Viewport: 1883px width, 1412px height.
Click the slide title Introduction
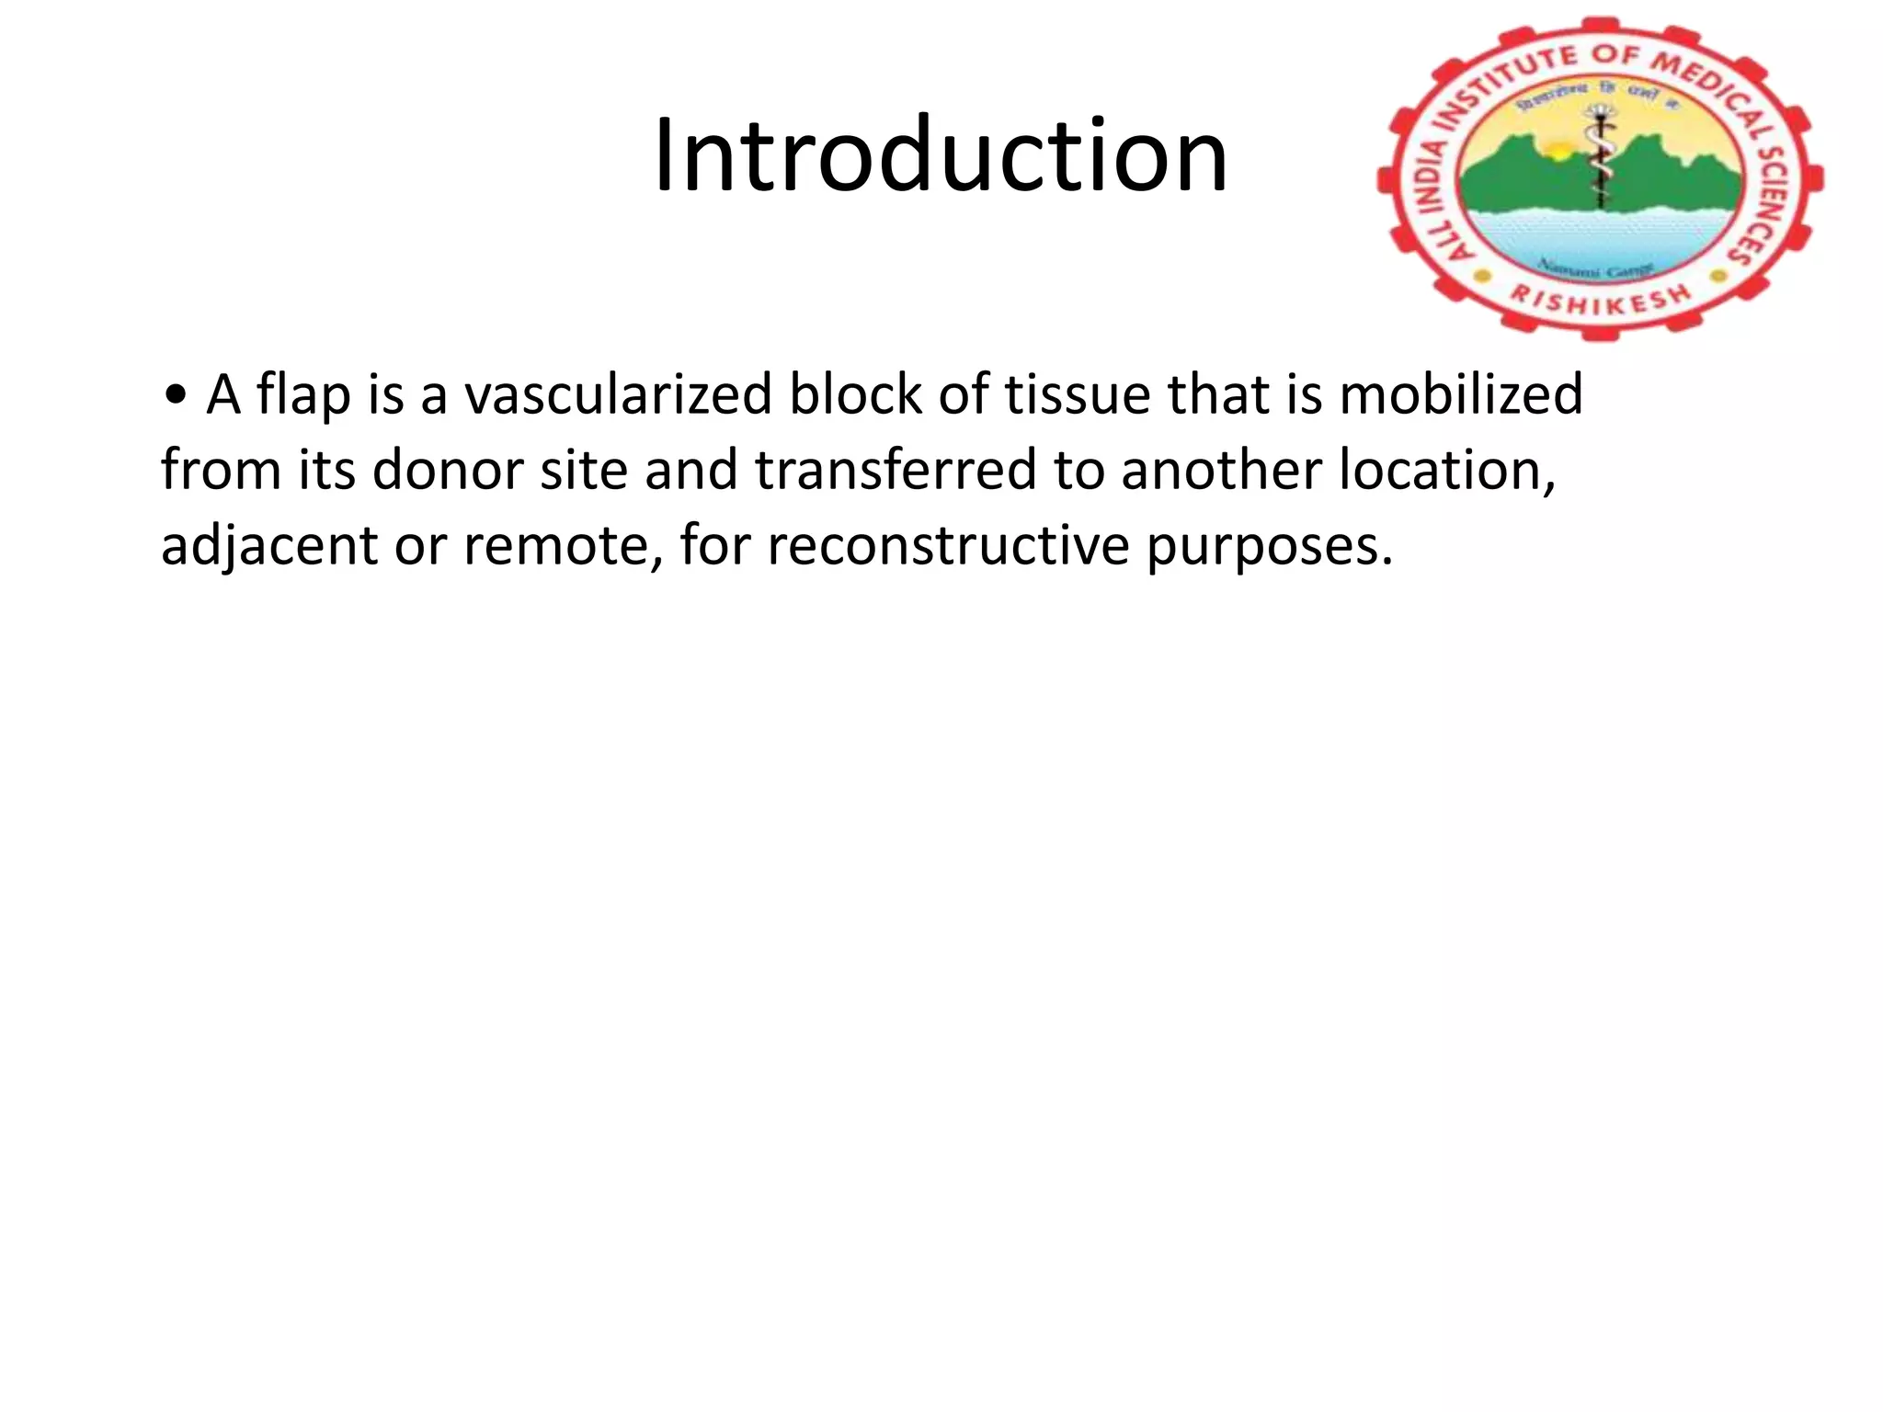[x=940, y=155]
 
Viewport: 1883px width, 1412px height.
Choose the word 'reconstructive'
[x=947, y=546]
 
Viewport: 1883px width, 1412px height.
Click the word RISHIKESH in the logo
[x=1601, y=299]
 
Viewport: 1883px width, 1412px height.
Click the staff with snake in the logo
[x=1601, y=156]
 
